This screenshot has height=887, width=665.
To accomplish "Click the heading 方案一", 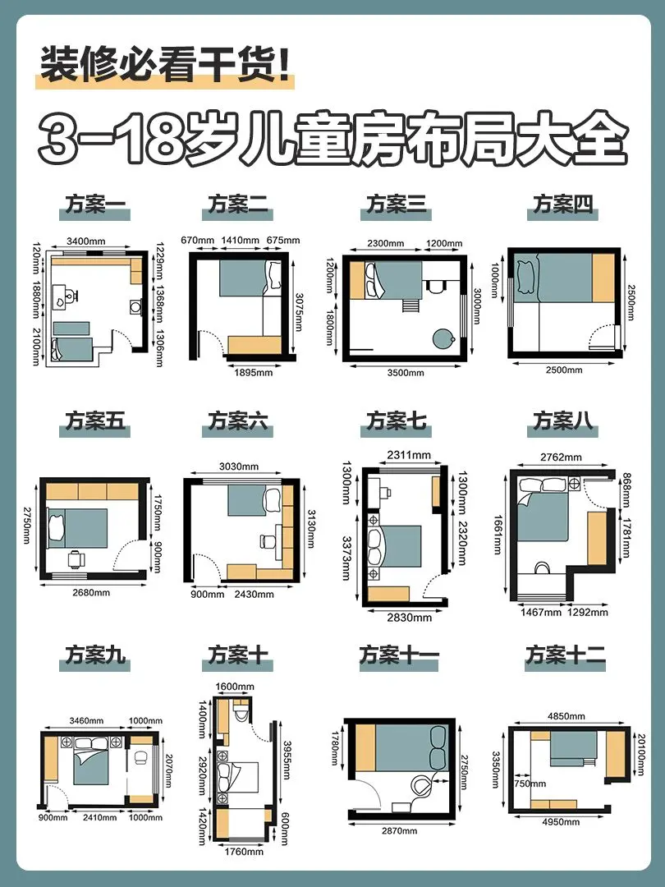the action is click(95, 205).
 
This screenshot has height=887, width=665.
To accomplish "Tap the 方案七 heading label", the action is click(396, 421).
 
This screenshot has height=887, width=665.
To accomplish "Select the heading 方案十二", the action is click(565, 655).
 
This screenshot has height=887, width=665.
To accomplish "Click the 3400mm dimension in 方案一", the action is click(86, 241).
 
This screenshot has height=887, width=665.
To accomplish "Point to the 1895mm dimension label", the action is click(254, 372).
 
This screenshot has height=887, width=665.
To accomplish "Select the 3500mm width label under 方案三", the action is click(406, 373).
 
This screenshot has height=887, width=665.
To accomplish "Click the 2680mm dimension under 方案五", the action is click(91, 593).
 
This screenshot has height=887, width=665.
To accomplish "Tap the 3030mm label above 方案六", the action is click(239, 466).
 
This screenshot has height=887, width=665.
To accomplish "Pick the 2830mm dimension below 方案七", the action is click(410, 617).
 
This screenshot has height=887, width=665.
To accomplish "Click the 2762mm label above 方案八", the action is click(561, 457).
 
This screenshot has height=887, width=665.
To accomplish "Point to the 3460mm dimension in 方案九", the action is click(86, 721).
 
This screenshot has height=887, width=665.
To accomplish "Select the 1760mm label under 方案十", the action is click(244, 852).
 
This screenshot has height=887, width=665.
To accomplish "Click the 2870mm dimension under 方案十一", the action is click(399, 830).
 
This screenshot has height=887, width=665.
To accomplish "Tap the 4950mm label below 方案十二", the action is click(561, 821).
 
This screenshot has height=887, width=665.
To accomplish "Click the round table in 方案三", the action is click(443, 339).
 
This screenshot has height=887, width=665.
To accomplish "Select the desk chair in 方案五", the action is click(76, 559).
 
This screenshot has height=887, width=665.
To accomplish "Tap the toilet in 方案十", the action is click(241, 711).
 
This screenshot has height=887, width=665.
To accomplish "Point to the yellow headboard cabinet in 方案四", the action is click(603, 278).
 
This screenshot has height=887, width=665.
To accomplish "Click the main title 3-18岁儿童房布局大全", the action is click(333, 139).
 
